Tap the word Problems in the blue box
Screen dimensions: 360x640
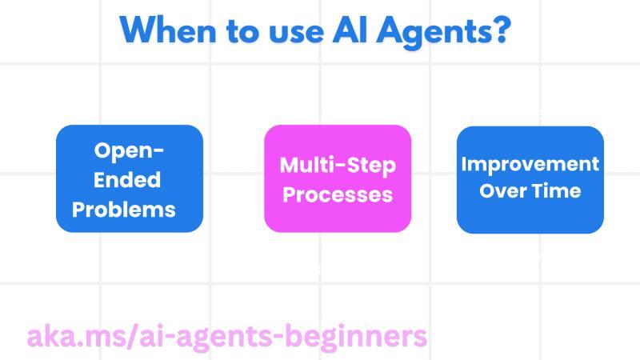pyautogui.click(x=124, y=209)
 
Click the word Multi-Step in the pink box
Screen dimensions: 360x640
pyautogui.click(x=338, y=165)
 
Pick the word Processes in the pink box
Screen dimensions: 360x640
pyautogui.click(x=338, y=194)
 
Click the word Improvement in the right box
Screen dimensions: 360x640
pyautogui.click(x=530, y=164)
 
